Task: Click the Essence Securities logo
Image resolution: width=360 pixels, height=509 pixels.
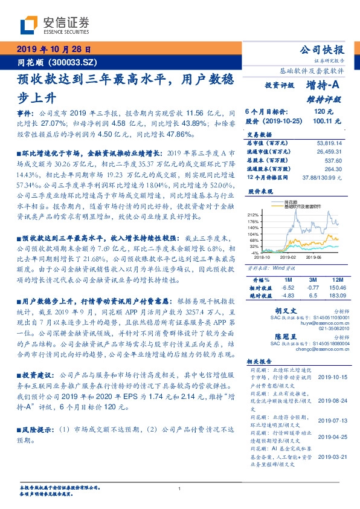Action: (54, 25)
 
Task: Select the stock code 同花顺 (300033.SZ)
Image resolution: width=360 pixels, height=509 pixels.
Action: (53, 63)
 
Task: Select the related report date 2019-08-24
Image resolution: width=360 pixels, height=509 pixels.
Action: (332, 400)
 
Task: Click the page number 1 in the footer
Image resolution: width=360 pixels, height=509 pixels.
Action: (180, 488)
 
